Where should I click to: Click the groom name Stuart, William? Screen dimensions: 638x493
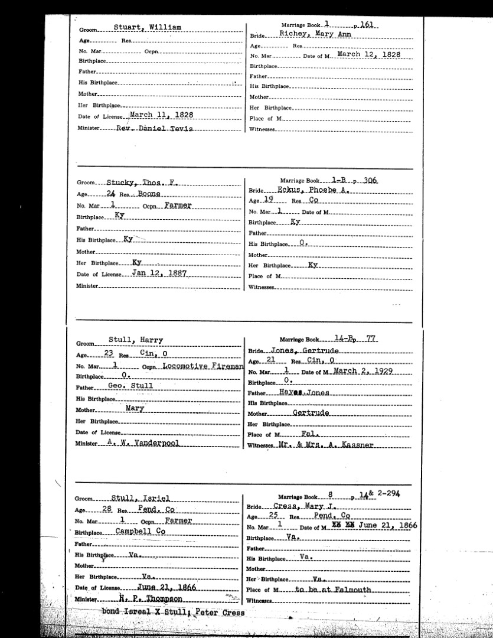click(148, 28)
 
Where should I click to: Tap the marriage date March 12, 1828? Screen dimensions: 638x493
click(368, 54)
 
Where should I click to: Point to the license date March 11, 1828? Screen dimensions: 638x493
click(161, 115)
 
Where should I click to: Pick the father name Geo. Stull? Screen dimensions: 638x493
click(130, 386)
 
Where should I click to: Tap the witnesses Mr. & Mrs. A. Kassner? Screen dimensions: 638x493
click(334, 444)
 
